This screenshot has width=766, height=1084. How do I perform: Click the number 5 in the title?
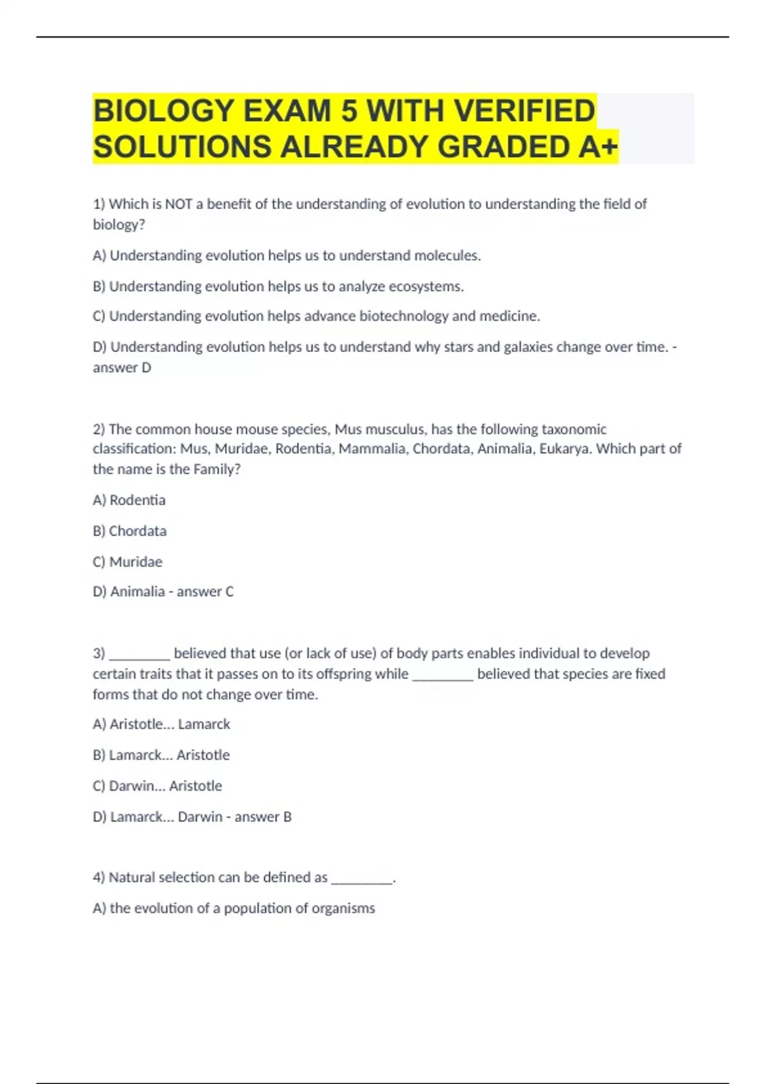349,111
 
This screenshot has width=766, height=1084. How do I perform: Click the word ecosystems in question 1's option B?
428,286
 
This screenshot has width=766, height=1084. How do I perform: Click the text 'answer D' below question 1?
122,367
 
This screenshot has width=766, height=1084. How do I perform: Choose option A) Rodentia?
129,500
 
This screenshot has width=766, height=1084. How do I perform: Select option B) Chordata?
130,531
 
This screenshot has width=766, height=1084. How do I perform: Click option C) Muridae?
128,562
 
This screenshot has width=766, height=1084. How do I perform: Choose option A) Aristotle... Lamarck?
161,724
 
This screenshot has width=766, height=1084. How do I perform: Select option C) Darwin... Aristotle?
157,786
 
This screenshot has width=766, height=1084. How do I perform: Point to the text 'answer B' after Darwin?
263,817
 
